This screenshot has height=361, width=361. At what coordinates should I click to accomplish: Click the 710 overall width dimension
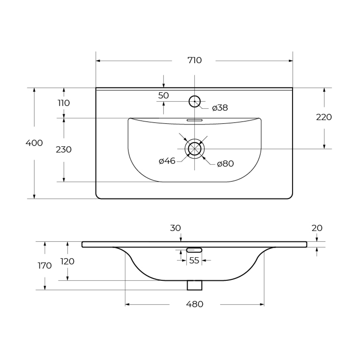tap(194, 61)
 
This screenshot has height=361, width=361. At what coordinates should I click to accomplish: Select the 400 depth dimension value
tap(34, 143)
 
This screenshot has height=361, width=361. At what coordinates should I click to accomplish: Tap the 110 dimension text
tap(64, 103)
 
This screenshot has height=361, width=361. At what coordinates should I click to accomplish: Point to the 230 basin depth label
tap(64, 149)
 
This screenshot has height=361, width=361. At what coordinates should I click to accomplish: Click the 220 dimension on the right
tap(324, 117)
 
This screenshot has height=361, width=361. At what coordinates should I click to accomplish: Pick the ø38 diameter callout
tap(220, 108)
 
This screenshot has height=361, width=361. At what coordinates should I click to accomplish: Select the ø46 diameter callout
tap(167, 161)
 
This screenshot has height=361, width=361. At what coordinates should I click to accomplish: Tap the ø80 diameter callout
tap(225, 164)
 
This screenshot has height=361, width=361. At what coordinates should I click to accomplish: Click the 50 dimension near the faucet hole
tap(164, 96)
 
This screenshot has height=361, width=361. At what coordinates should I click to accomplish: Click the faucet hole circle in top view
tap(195, 101)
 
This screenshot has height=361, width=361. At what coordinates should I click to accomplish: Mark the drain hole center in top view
tap(195, 148)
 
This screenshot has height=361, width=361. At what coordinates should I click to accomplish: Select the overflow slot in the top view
tap(195, 120)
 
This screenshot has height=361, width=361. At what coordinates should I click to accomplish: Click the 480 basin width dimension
tap(195, 304)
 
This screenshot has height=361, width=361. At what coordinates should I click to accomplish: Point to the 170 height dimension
tap(45, 266)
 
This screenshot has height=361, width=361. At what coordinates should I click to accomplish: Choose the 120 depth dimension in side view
tap(67, 261)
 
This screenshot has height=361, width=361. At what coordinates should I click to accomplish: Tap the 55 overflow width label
tap(194, 261)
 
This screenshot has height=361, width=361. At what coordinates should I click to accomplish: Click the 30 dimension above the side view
tap(176, 228)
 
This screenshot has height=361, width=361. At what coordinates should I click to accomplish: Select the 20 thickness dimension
tap(317, 228)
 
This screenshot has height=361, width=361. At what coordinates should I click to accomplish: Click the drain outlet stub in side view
tap(195, 285)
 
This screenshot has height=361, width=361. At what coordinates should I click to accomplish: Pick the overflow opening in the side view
tap(194, 249)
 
